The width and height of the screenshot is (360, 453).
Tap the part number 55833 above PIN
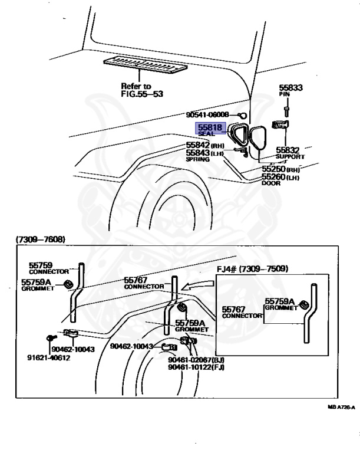point(290,88)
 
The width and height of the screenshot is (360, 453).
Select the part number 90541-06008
point(207,114)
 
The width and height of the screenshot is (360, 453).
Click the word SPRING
point(197,159)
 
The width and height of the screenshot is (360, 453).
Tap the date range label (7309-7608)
point(41,239)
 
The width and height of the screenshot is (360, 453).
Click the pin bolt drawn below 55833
point(286,109)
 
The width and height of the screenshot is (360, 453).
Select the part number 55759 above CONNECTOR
point(41,265)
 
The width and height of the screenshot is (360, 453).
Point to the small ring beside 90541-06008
point(242,114)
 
